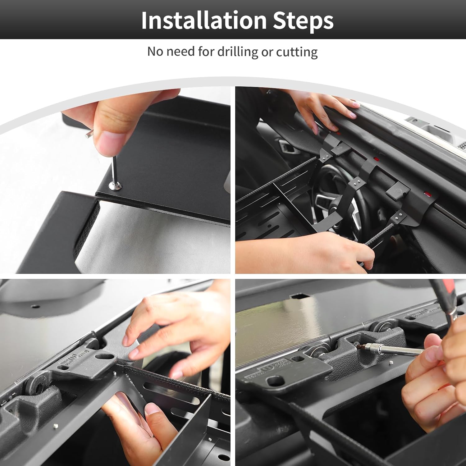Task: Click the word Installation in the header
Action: point(204,20)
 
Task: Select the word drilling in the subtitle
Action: point(238,52)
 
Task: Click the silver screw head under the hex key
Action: point(115,186)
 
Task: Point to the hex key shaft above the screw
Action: point(114,170)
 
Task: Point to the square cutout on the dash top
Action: point(299,297)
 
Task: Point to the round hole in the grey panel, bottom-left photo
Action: point(35,306)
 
